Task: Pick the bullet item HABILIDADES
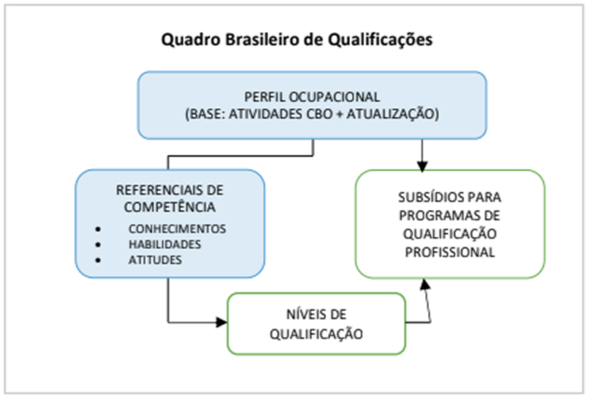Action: [164, 244]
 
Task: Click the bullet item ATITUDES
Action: [155, 260]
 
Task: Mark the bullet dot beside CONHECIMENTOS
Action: [98, 228]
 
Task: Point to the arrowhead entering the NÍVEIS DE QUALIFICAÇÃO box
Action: [222, 322]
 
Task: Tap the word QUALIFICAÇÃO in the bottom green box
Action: [316, 333]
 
